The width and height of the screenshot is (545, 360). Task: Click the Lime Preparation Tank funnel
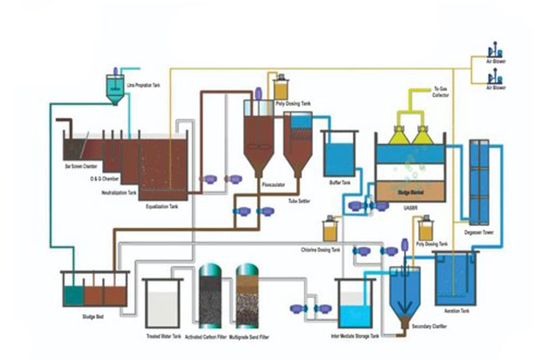115,92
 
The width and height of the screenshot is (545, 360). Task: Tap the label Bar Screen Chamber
81,166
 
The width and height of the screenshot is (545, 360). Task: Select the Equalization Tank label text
163,206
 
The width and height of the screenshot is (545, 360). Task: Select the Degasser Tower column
478,179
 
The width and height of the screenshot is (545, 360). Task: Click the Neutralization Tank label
115,192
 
